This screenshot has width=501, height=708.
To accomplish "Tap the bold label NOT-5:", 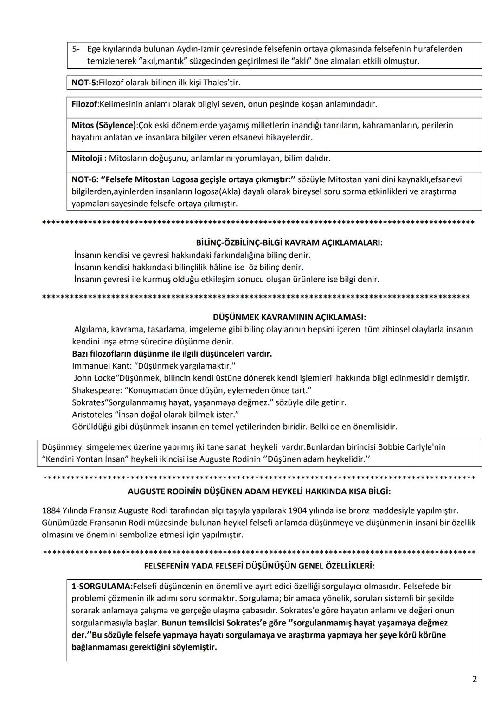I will tap(85, 83).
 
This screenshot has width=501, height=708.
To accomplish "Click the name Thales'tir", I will tap(222, 83).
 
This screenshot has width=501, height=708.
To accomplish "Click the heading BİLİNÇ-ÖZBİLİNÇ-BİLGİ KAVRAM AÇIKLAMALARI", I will tap(289, 242).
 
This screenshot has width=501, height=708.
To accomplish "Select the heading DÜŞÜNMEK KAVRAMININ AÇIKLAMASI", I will tap(289, 317).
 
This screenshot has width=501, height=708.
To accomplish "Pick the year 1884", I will tap(51, 510).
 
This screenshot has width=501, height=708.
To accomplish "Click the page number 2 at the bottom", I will tap(475, 679).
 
